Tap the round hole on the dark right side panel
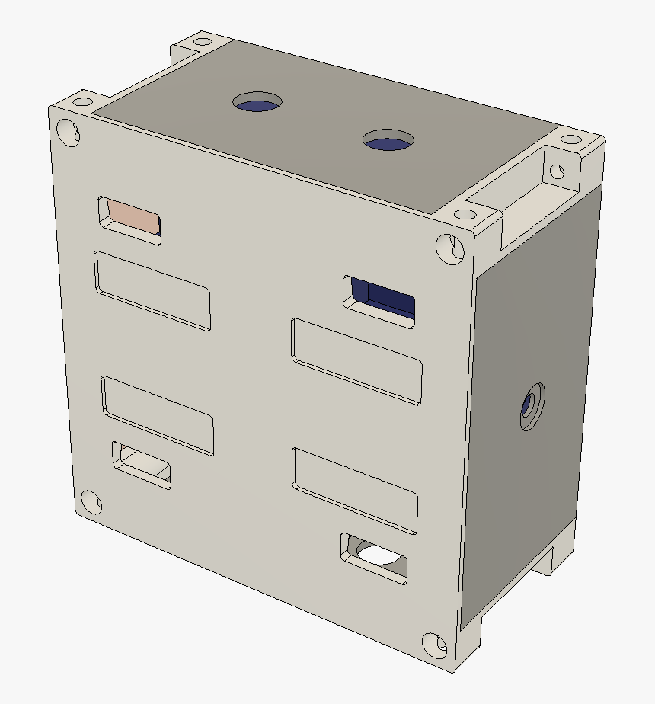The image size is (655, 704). tap(530, 406)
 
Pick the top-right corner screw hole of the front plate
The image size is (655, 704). tap(449, 248)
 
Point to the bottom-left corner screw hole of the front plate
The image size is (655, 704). tap(90, 502)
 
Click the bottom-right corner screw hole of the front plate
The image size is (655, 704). tap(436, 645)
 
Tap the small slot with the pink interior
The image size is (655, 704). tap(130, 219)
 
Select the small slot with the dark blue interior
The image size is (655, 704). tap(381, 299)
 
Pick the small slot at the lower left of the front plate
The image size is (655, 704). tap(142, 464)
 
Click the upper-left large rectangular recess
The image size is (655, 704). tap(152, 290)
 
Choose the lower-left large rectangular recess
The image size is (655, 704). tap(158, 414)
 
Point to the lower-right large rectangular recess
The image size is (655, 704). tap(355, 490)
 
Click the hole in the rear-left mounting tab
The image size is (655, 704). tap(203, 42)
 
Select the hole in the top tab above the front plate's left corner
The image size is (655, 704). tap(81, 101)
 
